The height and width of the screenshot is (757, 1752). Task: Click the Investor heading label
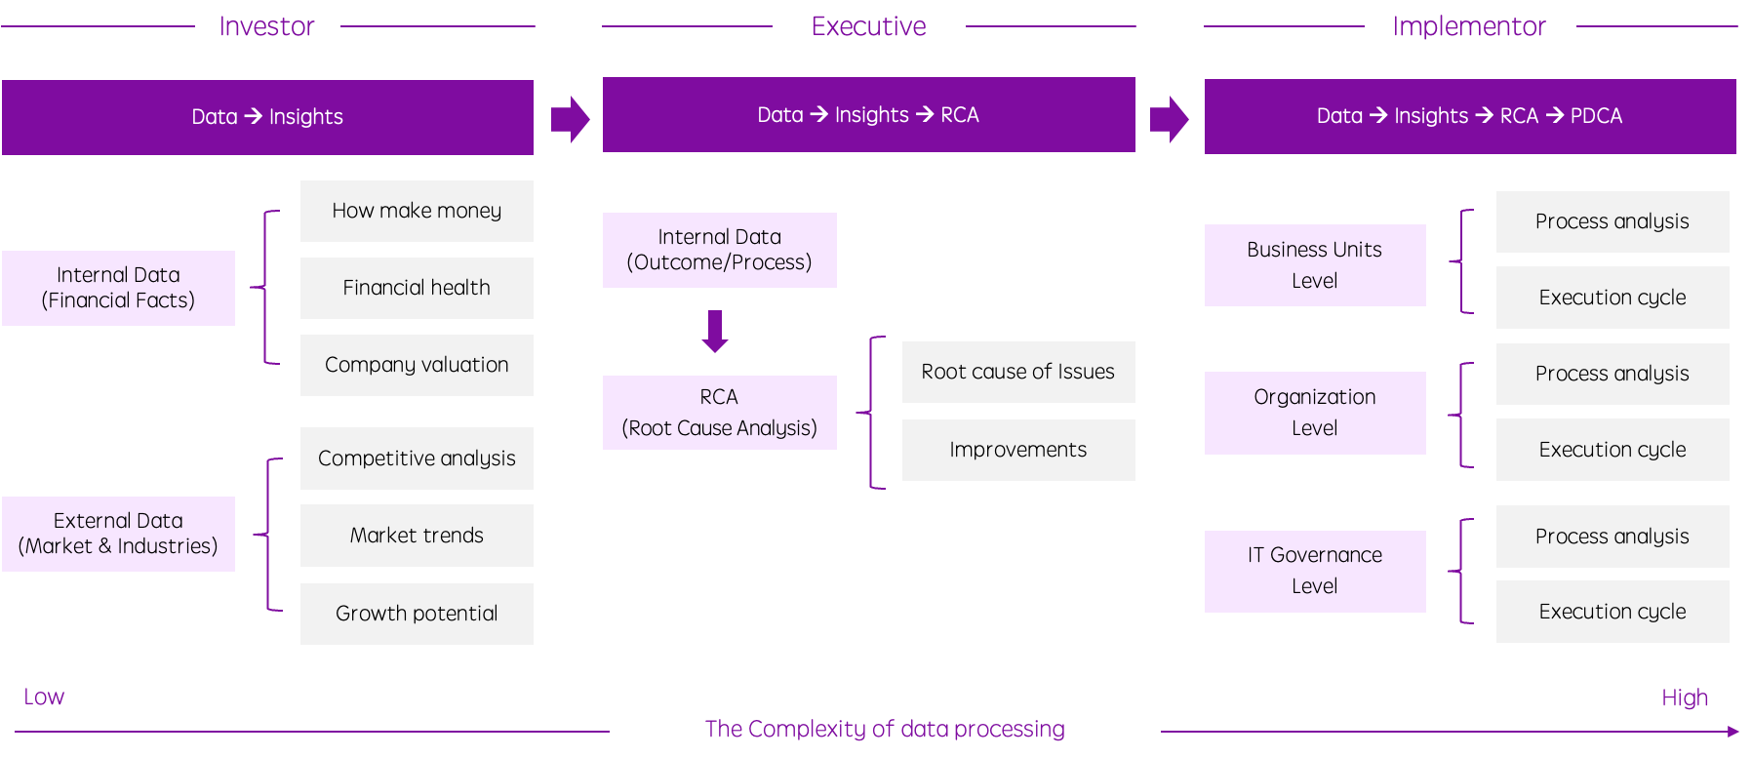(267, 26)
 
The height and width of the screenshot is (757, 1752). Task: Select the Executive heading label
(868, 26)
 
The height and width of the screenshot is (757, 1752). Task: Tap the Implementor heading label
(1469, 26)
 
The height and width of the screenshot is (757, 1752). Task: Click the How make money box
(417, 211)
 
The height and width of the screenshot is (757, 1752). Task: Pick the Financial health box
(417, 288)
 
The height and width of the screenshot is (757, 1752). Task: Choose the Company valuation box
(417, 365)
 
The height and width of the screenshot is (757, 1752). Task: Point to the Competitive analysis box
(417, 458)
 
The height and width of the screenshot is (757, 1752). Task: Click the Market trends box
(417, 536)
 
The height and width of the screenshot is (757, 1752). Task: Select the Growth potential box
(417, 614)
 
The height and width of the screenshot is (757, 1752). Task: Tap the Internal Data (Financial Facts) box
(118, 288)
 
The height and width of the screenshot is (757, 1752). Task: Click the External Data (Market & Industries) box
(118, 534)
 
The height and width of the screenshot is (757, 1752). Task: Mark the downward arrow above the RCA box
(715, 331)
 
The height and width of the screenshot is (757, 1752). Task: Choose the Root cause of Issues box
(1018, 372)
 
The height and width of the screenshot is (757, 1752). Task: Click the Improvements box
(1018, 450)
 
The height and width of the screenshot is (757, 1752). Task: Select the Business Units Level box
(1315, 265)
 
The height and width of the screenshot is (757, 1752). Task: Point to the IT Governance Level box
(1315, 571)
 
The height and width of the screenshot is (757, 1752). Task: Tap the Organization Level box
(1315, 413)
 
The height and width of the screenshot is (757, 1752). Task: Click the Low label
(44, 697)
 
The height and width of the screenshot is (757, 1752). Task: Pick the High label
(1685, 698)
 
